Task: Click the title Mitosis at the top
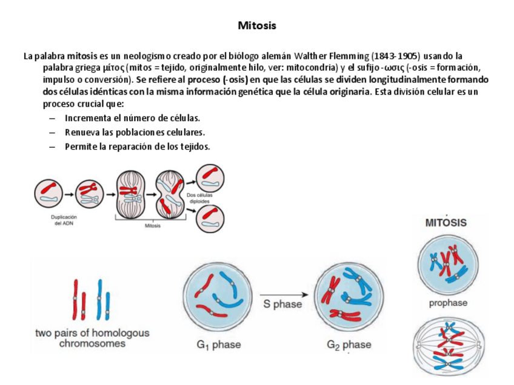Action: click(257, 25)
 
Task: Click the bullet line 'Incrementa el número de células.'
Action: click(132, 118)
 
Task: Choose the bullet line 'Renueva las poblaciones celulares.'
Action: click(135, 132)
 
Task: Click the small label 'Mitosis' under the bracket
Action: click(153, 226)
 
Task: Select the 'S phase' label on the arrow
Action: click(282, 304)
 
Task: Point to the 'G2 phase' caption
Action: click(349, 345)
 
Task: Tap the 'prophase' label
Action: click(448, 303)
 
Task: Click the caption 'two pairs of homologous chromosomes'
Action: click(92, 338)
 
